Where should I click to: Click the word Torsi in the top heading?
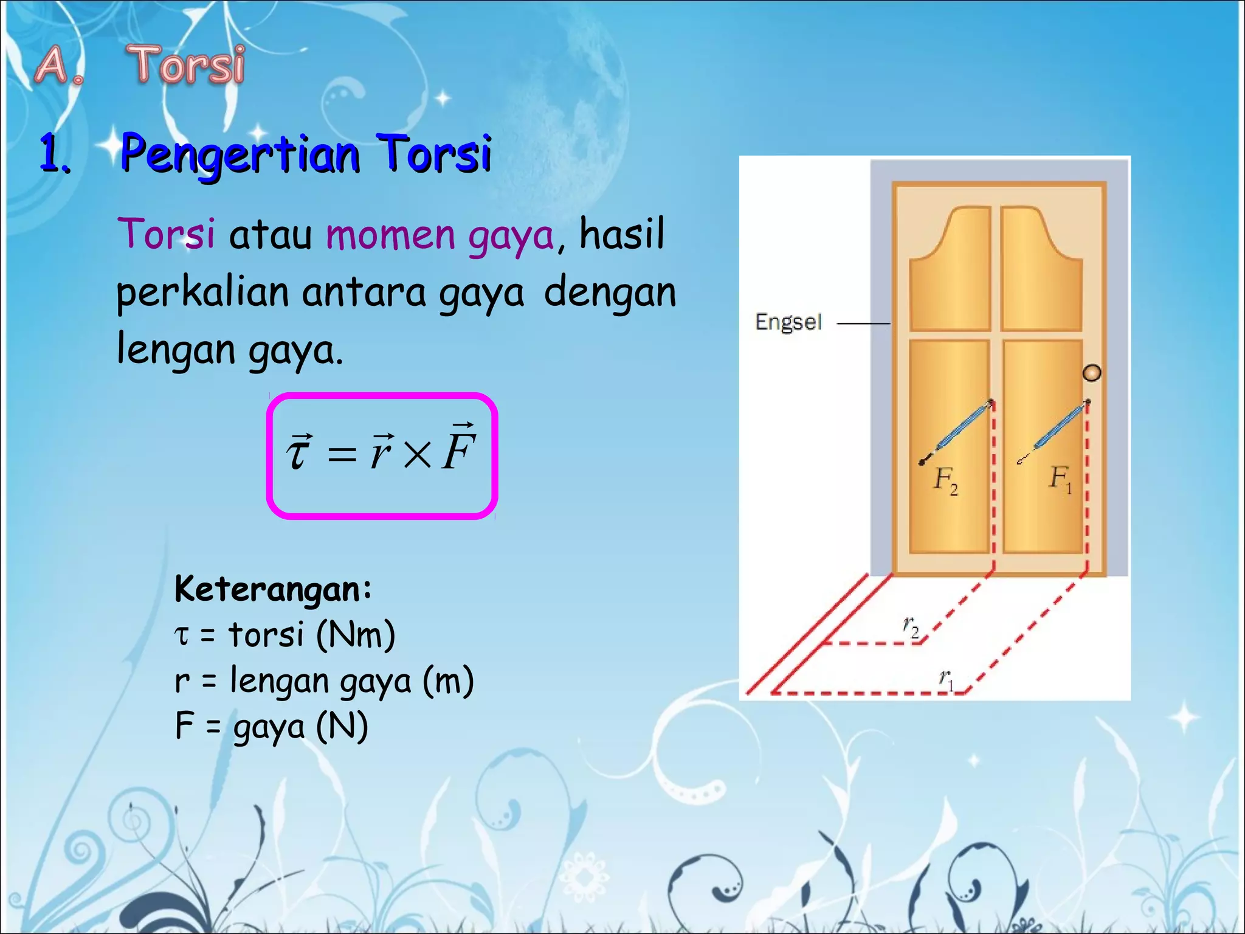click(x=185, y=65)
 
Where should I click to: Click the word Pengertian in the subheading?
click(x=240, y=154)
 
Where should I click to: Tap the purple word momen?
click(x=390, y=235)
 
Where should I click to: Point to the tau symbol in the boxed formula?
click(x=298, y=452)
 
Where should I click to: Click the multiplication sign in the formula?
click(x=417, y=454)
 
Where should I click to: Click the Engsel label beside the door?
click(x=788, y=322)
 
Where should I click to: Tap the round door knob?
click(x=1092, y=373)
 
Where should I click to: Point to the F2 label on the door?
click(x=945, y=480)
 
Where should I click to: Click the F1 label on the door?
click(x=1060, y=479)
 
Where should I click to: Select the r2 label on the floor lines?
click(x=910, y=626)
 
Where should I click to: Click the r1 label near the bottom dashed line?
click(x=947, y=679)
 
